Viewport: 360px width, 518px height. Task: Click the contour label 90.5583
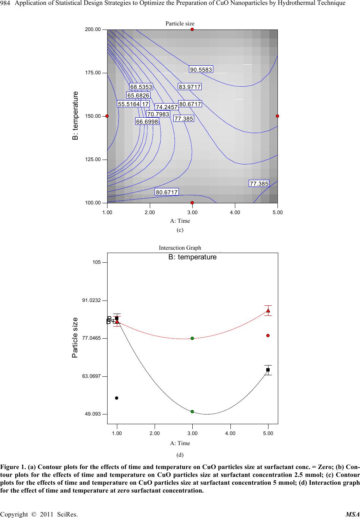(201, 70)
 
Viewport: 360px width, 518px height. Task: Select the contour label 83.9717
(190, 87)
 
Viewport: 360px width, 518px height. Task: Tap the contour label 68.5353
(141, 87)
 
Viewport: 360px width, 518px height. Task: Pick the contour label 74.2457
(167, 107)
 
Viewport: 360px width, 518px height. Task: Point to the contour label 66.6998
(147, 121)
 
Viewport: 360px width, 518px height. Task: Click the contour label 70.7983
(158, 114)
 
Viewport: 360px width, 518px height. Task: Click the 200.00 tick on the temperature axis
(93, 30)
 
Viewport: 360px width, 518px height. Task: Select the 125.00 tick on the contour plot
(93, 160)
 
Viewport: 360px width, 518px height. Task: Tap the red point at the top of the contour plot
(192, 29)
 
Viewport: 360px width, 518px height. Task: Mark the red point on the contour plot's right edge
(277, 116)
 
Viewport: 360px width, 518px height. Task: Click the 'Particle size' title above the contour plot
(180, 24)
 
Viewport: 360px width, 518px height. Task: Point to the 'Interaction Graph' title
(180, 248)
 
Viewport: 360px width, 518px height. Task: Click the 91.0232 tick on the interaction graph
(91, 300)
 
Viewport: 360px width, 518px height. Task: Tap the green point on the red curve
(192, 338)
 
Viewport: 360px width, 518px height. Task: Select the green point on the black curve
(192, 411)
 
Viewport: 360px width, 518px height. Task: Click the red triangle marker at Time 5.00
(268, 311)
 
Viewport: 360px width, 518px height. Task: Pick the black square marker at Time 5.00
(268, 370)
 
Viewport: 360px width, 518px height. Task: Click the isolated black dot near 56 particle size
(117, 398)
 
